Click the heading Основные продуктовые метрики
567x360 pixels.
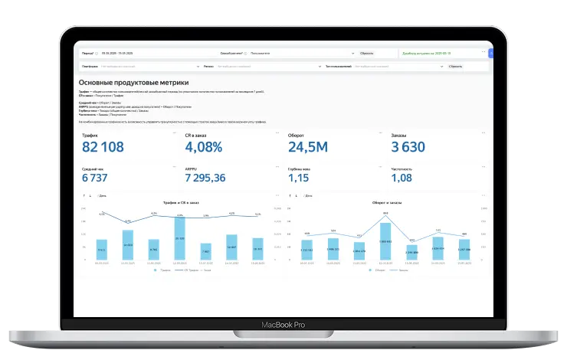pos(133,82)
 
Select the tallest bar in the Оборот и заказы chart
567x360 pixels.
pos(385,241)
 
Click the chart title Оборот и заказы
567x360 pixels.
pos(385,202)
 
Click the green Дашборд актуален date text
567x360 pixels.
pos(429,54)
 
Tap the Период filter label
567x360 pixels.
pos(87,54)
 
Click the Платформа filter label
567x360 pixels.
pos(89,67)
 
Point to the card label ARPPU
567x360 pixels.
pos(192,168)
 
